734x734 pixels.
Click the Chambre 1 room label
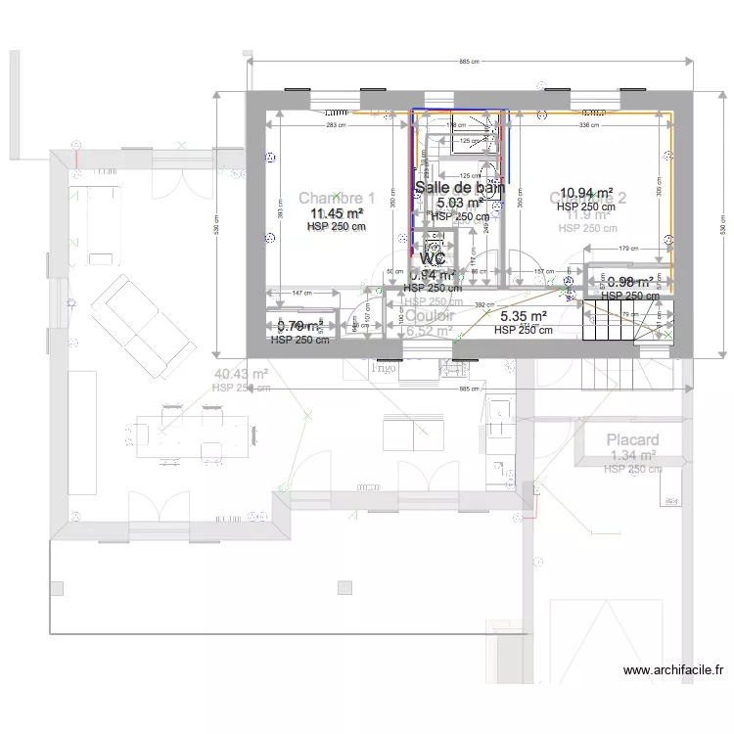coord(336,198)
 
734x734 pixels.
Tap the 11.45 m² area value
coord(336,212)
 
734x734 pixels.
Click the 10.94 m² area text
coord(585,194)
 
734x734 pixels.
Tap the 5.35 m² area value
coord(523,317)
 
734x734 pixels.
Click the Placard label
coord(632,440)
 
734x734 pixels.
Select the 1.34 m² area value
coord(632,456)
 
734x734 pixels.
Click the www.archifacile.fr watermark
coord(672,670)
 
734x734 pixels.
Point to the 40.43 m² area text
coord(241,374)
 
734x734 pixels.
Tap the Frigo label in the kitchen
coord(384,369)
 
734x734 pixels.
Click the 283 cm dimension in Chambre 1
coord(337,125)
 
